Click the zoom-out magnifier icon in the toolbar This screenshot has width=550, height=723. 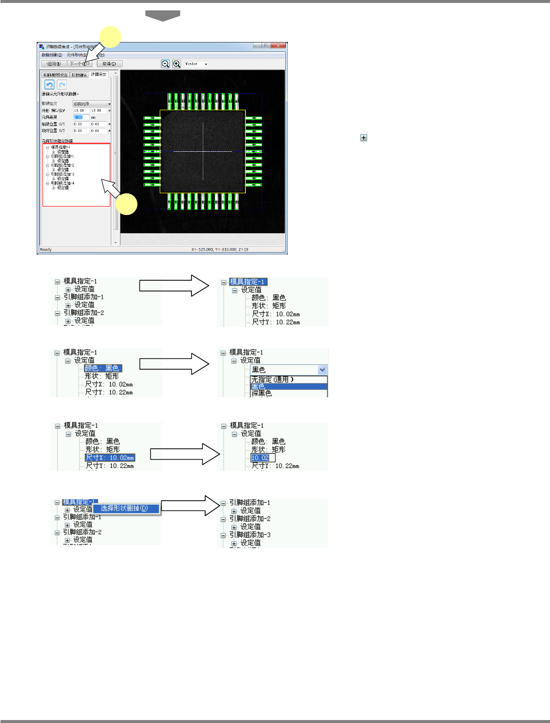click(165, 64)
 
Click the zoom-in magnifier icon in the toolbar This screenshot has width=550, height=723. click(177, 64)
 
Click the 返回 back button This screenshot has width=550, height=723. click(53, 64)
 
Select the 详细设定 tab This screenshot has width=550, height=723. click(99, 75)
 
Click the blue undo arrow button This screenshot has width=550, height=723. click(49, 85)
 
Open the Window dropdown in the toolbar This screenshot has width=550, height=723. click(197, 64)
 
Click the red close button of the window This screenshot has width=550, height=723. click(280, 46)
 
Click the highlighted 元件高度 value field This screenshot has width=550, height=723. click(81, 117)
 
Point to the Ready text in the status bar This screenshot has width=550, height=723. click(46, 250)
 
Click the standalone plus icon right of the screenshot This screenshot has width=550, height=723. click(364, 138)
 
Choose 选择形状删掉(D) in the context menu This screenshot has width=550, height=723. click(125, 508)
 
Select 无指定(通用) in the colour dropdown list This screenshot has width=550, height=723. click(273, 380)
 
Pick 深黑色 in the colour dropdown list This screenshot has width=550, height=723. click(262, 393)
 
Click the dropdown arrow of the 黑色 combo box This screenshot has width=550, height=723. click(322, 370)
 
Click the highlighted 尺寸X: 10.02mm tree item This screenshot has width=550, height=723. click(110, 458)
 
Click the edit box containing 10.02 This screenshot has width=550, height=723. click(262, 458)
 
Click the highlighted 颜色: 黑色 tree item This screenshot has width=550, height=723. click(102, 368)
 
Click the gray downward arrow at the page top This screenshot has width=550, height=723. click(163, 16)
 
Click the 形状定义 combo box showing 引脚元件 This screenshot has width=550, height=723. click(91, 104)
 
